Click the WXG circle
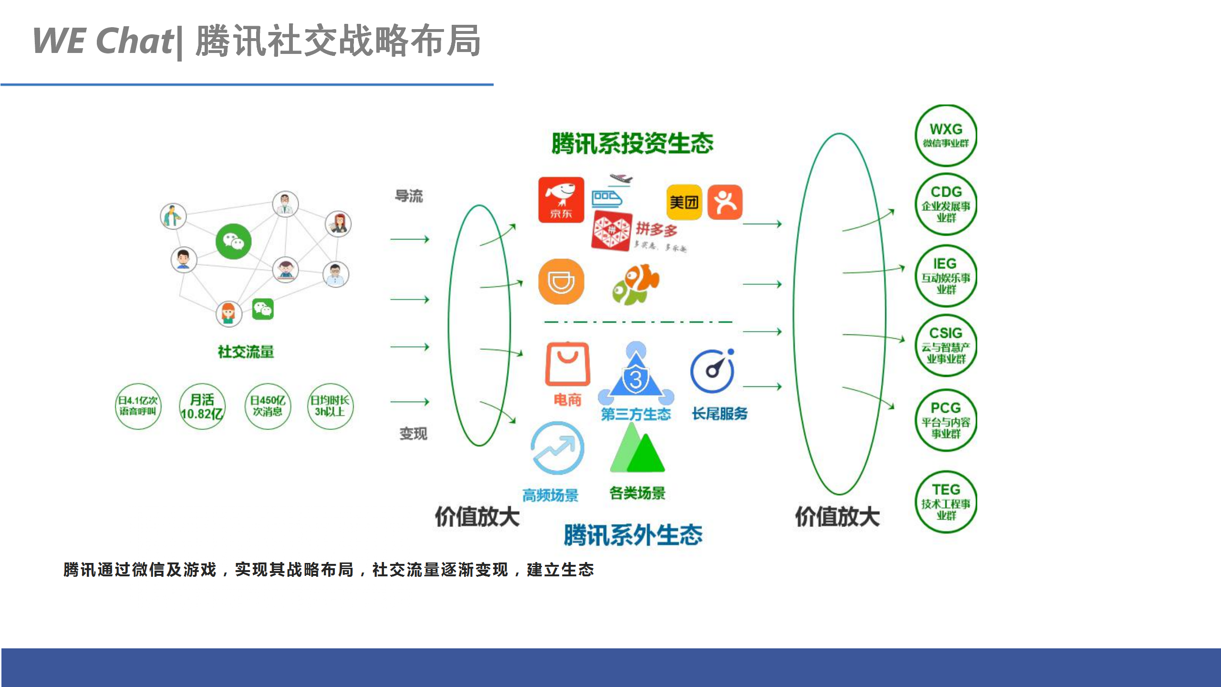[x=945, y=135]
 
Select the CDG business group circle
[x=945, y=204]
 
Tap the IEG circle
[x=945, y=276]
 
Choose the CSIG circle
[x=945, y=345]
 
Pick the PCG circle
[x=945, y=420]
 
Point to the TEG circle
[x=945, y=502]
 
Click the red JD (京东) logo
[x=561, y=200]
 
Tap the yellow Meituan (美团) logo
[x=683, y=202]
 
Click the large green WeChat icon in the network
[x=233, y=241]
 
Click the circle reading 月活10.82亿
[x=202, y=406]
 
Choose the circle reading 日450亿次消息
[x=268, y=406]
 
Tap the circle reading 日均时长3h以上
[x=330, y=406]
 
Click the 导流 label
[x=409, y=196]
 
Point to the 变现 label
[x=413, y=434]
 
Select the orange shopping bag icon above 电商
[x=567, y=364]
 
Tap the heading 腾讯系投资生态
[x=632, y=143]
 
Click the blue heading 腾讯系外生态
[x=632, y=535]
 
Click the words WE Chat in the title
[x=103, y=41]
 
